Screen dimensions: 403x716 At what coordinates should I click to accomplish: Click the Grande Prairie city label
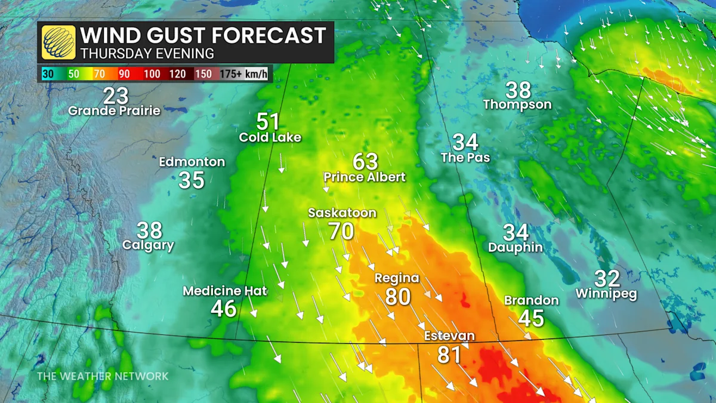114,110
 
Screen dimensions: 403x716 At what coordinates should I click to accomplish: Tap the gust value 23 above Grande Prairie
116,96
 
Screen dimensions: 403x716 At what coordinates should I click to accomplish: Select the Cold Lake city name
270,137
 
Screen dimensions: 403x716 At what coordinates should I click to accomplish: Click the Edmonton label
192,162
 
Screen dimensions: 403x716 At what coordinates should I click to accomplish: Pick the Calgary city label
148,245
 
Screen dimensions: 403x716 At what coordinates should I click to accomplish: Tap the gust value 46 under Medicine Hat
224,308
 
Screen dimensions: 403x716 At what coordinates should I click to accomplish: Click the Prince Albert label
365,177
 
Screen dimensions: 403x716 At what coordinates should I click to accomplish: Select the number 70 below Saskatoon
341,230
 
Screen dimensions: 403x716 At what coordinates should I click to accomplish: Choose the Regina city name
397,278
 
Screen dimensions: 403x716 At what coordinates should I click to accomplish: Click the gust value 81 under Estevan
449,354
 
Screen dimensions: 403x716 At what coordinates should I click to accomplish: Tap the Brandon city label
531,300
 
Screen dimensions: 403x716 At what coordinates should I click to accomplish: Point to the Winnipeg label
606,294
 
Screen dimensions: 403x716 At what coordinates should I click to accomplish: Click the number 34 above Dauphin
516,232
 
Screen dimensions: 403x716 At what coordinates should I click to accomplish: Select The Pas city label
465,158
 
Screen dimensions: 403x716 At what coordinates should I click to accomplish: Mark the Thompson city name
517,104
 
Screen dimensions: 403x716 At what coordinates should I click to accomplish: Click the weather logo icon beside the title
58,42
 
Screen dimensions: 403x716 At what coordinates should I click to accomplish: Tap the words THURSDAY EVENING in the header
147,53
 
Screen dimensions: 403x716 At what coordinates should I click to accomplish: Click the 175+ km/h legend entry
245,74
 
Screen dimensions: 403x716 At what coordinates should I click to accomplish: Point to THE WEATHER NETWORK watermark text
103,376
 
